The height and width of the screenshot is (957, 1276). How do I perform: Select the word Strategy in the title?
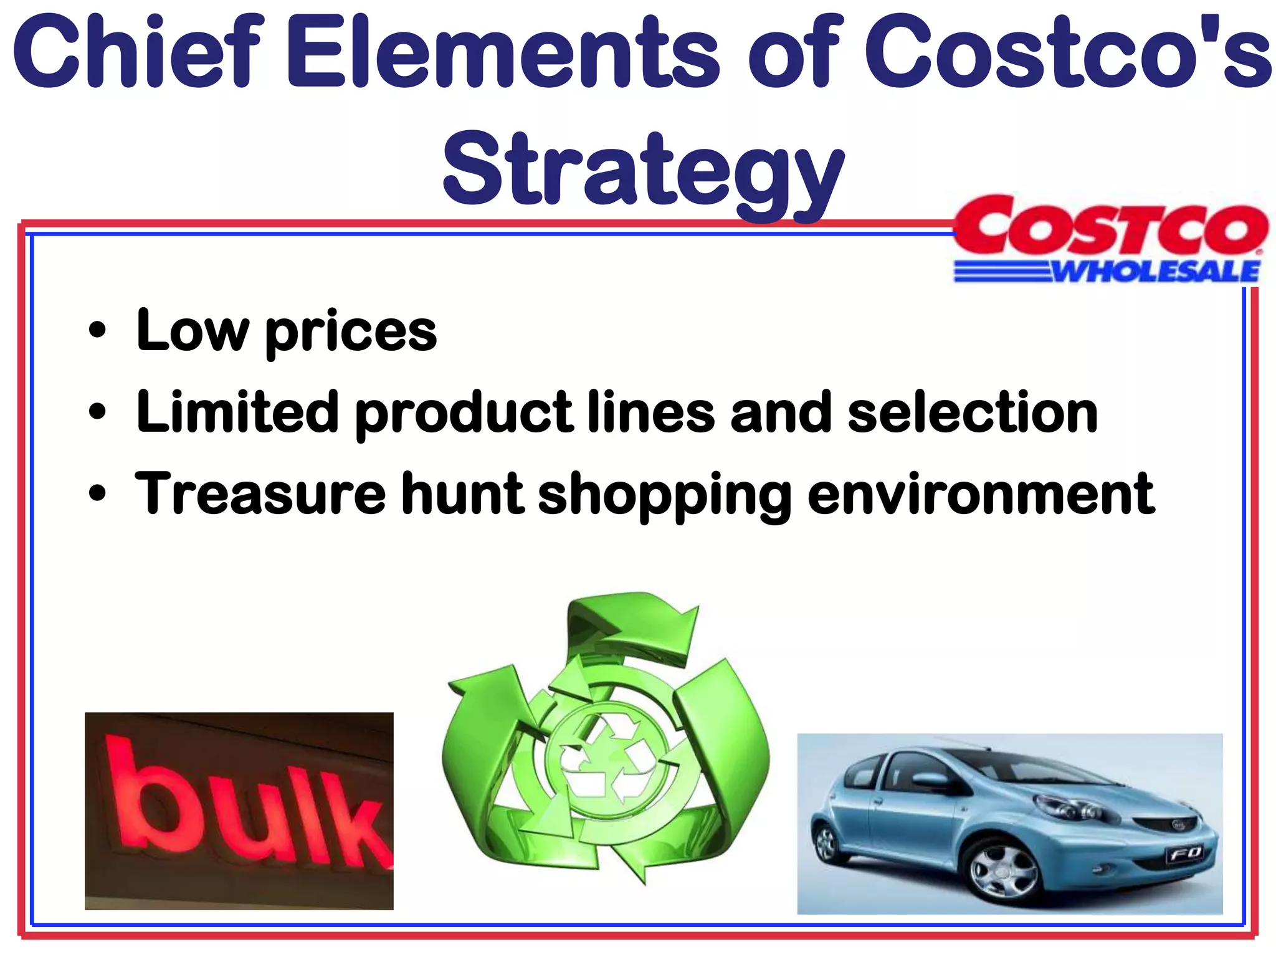point(642,171)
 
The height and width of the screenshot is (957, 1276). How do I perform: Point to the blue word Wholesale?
point(1156,272)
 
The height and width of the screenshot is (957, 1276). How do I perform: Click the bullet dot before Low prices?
point(97,330)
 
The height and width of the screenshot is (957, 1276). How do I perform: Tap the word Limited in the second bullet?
point(237,412)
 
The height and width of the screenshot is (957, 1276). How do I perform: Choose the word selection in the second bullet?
point(973,412)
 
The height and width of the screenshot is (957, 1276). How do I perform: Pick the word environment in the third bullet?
point(981,493)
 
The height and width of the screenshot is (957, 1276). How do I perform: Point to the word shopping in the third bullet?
point(664,496)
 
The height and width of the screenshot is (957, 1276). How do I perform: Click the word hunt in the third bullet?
point(462,493)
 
